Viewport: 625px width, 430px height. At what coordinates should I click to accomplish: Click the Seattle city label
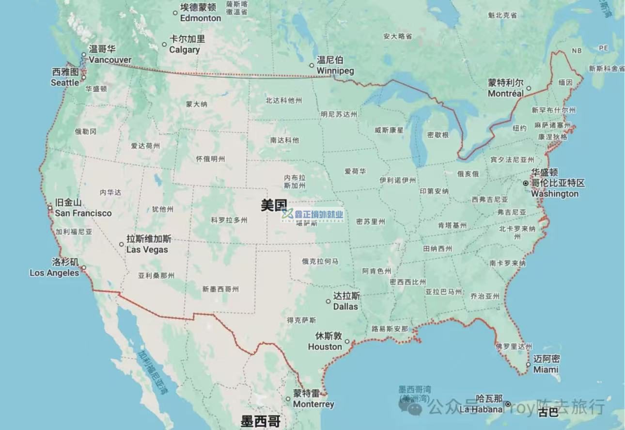[65, 77]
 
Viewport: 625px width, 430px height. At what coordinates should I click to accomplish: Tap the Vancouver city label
[110, 55]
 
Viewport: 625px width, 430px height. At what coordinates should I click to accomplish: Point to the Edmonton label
[200, 13]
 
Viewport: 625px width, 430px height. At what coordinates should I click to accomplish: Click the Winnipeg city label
[335, 65]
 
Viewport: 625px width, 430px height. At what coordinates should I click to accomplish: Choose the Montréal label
[505, 88]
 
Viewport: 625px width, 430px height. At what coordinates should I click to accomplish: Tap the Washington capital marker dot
[526, 183]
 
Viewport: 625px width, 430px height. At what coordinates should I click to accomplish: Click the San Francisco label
[83, 208]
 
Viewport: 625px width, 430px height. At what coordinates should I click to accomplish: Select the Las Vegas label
[148, 245]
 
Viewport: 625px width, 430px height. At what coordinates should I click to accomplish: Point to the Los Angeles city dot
[83, 267]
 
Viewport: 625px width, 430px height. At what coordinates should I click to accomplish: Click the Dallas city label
[346, 301]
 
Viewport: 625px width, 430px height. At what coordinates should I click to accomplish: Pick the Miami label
[546, 364]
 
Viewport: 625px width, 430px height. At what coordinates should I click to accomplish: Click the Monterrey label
[313, 399]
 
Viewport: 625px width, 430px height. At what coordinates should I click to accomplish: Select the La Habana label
[482, 404]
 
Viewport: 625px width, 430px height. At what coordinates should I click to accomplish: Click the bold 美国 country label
[274, 205]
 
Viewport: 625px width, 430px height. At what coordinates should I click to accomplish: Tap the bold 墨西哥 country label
[260, 420]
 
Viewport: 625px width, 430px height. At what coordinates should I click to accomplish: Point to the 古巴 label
[548, 413]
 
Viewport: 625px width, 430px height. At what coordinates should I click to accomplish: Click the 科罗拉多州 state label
[229, 220]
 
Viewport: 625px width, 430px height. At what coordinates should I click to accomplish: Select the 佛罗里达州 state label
[514, 346]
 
